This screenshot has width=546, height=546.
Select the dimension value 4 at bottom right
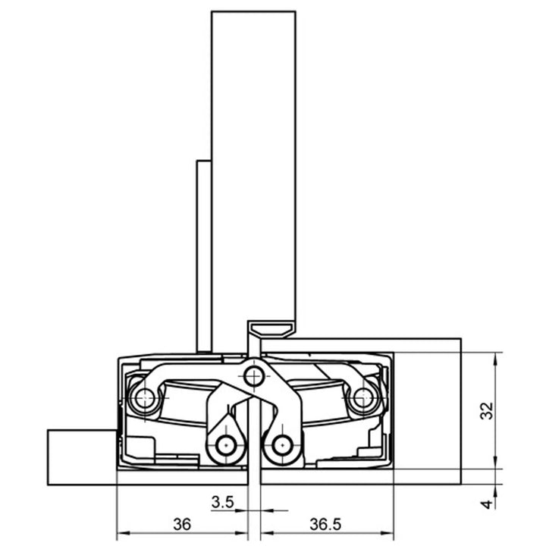[488, 502]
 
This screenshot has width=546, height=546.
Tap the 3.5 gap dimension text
[222, 501]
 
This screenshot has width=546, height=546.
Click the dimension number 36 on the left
[180, 524]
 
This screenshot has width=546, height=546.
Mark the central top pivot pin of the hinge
[254, 375]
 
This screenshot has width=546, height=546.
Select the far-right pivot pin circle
[362, 395]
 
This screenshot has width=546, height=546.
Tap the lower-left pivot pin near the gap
[224, 445]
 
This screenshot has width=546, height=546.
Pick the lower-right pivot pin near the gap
[283, 445]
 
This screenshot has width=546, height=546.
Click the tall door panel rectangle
[253, 167]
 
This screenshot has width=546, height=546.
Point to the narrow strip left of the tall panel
[203, 254]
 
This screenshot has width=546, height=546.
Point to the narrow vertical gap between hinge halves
[254, 455]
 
